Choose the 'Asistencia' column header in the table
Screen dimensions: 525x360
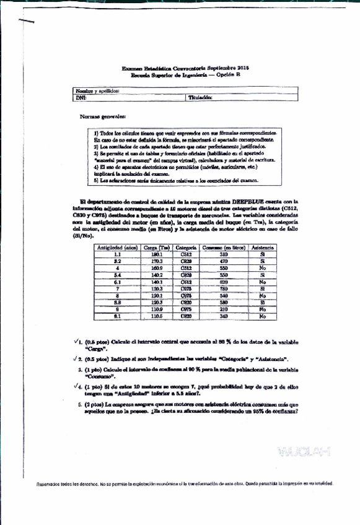[x=263, y=248]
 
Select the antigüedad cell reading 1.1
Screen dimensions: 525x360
[x=118, y=254]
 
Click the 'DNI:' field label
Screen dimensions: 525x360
[x=80, y=97]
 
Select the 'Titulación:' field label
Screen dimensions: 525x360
[x=200, y=97]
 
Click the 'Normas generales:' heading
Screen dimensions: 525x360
[x=102, y=117]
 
